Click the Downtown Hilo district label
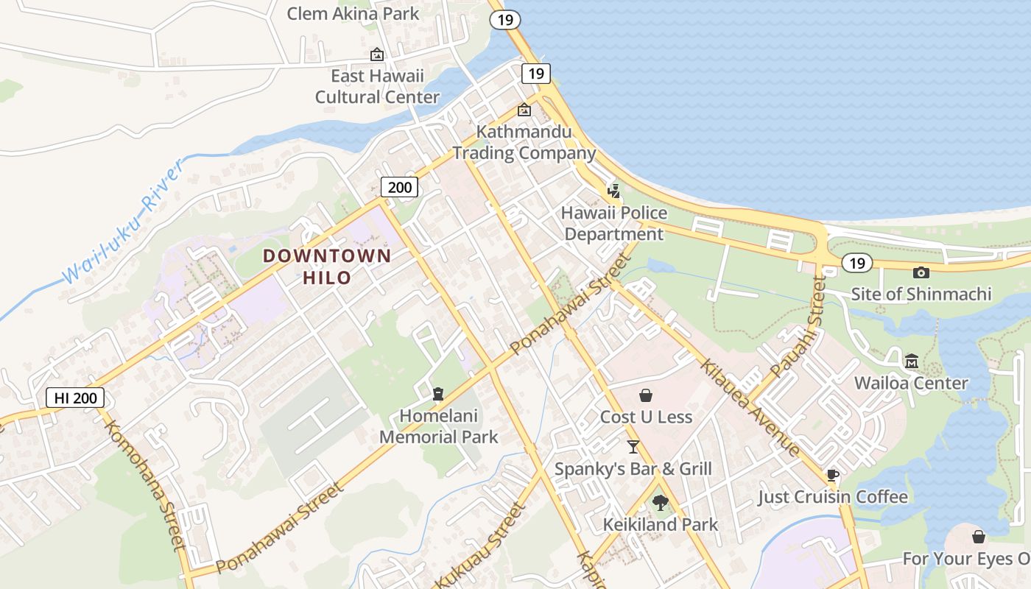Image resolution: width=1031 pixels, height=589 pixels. click(327, 267)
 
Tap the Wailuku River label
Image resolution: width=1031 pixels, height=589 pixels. click(122, 222)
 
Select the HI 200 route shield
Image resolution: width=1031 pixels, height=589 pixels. click(76, 398)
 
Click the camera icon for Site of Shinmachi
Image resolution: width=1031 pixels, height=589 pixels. click(921, 273)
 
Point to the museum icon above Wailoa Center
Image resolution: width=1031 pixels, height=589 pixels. click(912, 361)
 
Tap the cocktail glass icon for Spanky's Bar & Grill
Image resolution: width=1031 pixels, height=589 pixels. click(633, 447)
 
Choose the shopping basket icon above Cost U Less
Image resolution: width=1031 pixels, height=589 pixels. click(646, 395)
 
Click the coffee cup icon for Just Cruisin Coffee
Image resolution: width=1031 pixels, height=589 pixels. click(833, 475)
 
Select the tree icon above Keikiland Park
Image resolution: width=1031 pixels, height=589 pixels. click(660, 503)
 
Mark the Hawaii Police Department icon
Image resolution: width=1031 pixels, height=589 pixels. click(613, 191)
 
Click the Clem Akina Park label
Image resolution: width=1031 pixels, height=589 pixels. click(353, 13)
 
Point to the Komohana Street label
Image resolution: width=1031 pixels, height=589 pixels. click(144, 486)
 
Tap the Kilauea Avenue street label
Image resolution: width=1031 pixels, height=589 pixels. click(749, 407)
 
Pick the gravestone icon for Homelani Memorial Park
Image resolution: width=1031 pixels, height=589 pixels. click(439, 394)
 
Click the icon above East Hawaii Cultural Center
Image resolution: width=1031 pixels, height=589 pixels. click(377, 54)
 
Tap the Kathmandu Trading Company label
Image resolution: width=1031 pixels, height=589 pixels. click(524, 142)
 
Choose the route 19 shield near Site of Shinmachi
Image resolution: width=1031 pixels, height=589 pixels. click(856, 263)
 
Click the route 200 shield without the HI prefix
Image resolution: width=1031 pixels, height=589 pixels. click(399, 187)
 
